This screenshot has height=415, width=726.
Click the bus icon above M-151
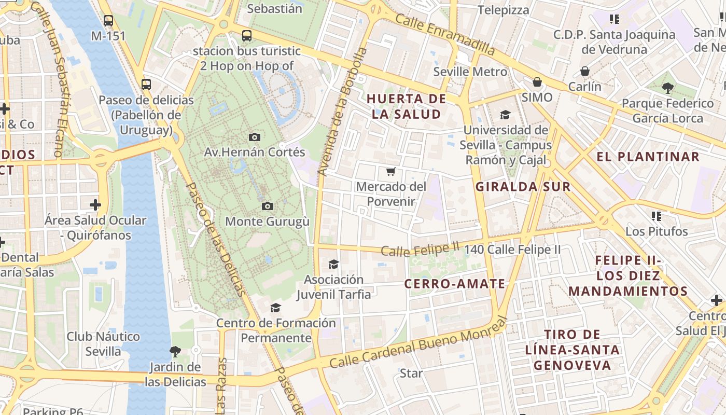click(x=108, y=21)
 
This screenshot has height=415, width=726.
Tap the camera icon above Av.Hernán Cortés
click(x=254, y=137)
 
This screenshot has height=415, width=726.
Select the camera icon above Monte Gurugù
click(x=267, y=206)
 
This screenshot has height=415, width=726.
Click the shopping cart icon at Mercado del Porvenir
click(x=391, y=171)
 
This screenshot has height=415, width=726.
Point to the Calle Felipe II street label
click(x=421, y=250)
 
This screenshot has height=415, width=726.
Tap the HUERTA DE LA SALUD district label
click(x=407, y=106)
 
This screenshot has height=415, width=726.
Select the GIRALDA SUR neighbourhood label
click(x=523, y=187)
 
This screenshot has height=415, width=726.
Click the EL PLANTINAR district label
click(x=648, y=157)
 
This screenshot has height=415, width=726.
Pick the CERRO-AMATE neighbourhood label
click(x=454, y=284)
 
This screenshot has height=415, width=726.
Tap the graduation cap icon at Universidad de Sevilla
click(x=505, y=115)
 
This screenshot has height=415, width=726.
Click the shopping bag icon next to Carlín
click(x=585, y=71)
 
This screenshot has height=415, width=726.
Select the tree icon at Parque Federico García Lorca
click(x=667, y=88)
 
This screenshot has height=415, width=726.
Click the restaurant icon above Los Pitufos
click(x=657, y=216)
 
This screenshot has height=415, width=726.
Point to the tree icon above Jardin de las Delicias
click(x=175, y=352)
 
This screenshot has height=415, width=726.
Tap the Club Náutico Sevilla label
click(x=103, y=343)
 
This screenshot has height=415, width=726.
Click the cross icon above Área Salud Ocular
click(x=95, y=204)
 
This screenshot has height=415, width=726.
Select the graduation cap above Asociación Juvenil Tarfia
click(x=333, y=265)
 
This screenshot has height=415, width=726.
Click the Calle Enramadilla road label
click(x=445, y=35)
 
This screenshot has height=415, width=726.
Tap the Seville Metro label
click(x=470, y=72)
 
